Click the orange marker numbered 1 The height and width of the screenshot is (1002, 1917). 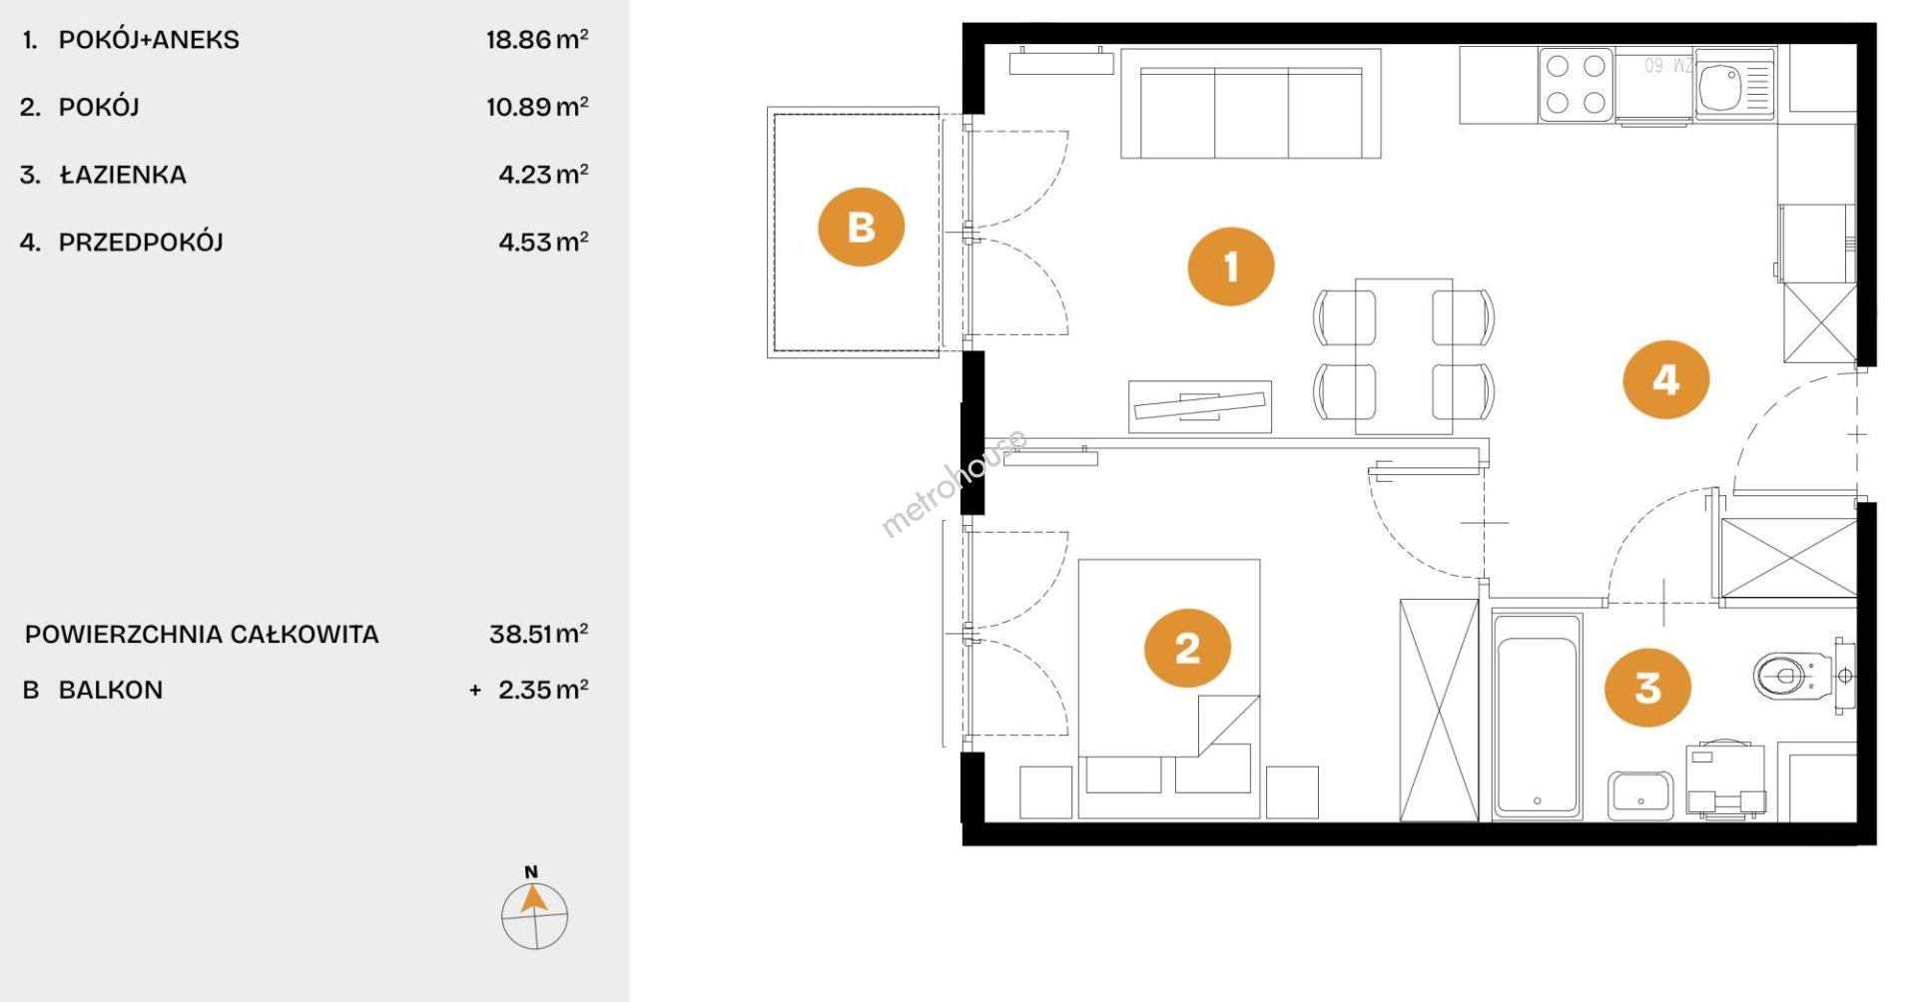[1230, 266]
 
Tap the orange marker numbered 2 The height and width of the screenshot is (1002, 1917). [1187, 649]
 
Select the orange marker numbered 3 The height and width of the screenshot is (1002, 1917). [1647, 687]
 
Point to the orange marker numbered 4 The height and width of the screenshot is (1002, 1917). [1665, 379]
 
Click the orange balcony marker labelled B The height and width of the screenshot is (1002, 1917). [861, 227]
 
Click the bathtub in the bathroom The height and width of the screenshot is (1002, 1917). [1537, 716]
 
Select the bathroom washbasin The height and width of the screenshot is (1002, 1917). [1639, 795]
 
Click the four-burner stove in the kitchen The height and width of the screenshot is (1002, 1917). [1577, 84]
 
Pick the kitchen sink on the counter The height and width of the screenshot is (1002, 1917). [1733, 84]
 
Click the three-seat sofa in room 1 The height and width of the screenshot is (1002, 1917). [1251, 104]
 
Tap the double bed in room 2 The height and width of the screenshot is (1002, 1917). [1168, 689]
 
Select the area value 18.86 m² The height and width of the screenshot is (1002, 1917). [537, 40]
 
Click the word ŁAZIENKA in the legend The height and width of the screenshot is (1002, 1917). [123, 175]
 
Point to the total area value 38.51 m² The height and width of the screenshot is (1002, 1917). [538, 634]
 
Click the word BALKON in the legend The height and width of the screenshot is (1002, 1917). [111, 690]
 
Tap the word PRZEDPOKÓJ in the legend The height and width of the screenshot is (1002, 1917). [141, 242]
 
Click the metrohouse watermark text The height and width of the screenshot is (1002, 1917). [954, 484]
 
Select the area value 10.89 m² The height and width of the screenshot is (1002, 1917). [537, 107]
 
